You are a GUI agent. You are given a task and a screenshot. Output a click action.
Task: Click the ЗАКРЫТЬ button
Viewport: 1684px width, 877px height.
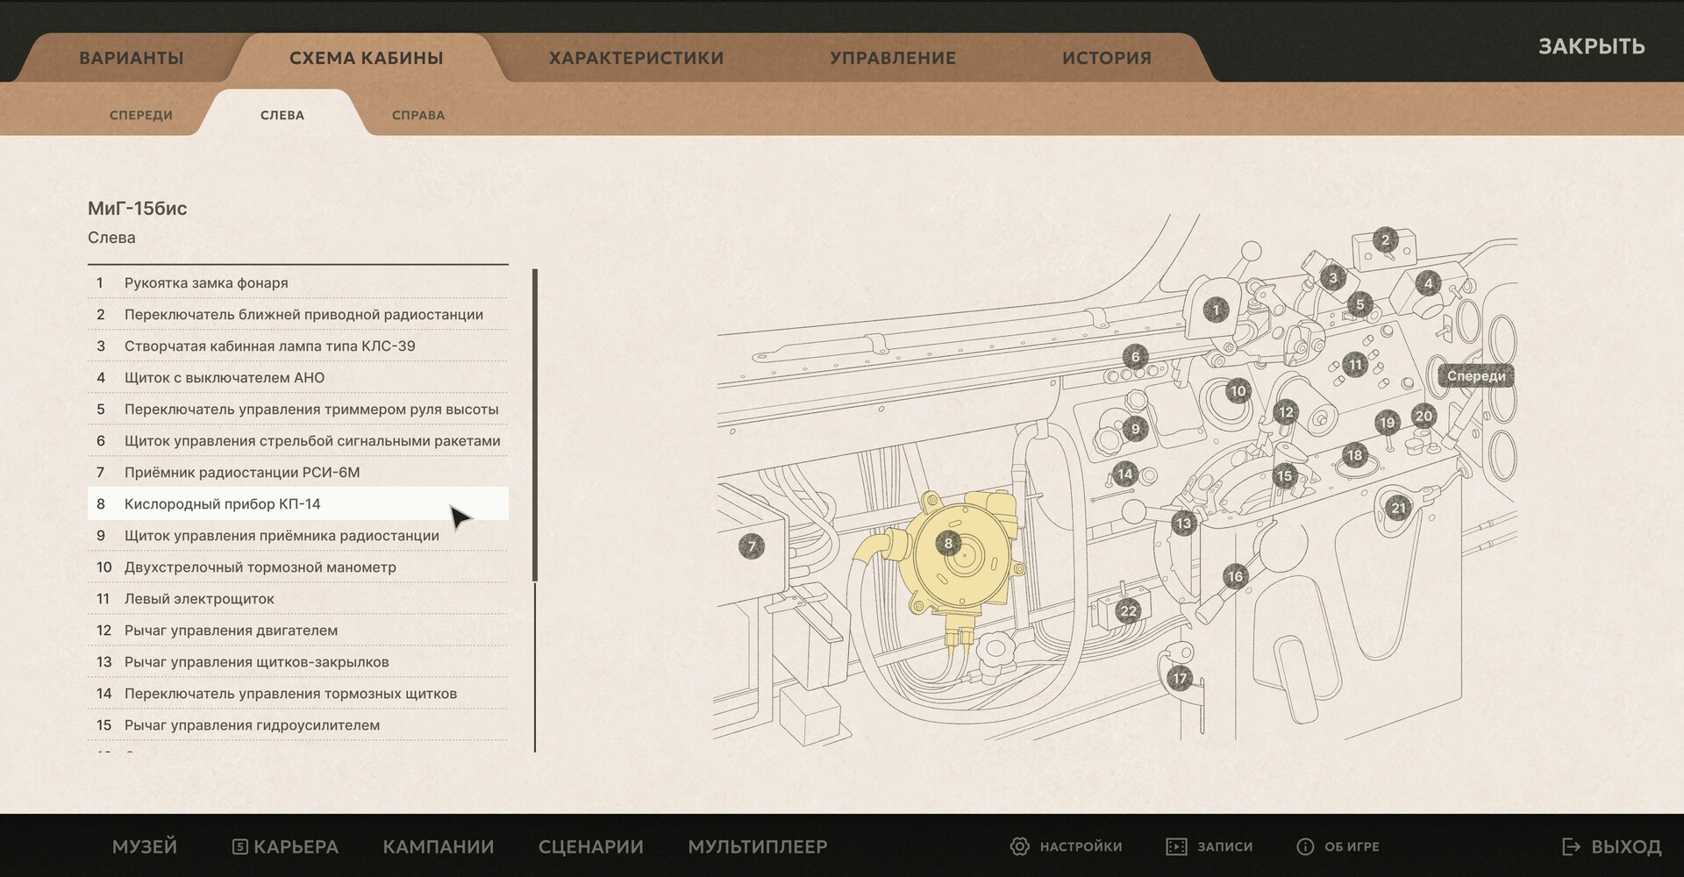[x=1591, y=46]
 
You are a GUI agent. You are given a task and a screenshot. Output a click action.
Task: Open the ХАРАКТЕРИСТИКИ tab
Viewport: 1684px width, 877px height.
[x=636, y=58]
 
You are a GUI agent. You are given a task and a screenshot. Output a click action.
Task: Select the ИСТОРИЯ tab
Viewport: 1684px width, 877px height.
[x=1106, y=58]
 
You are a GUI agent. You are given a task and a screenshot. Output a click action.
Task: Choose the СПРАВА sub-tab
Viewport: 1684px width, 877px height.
[x=418, y=115]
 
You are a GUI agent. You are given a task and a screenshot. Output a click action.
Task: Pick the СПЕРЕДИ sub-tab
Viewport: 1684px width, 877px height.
[x=141, y=115]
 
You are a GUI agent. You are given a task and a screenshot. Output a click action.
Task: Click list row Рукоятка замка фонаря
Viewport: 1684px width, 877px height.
[x=297, y=282]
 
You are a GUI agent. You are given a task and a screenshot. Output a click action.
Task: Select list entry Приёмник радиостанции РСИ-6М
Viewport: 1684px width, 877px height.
[x=297, y=472]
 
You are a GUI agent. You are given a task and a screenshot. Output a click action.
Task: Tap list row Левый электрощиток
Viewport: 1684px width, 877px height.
[x=297, y=598]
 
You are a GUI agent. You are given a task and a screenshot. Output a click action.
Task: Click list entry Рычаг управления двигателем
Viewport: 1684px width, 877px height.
[x=297, y=630]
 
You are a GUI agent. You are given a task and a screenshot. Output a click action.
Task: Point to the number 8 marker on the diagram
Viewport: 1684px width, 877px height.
[x=948, y=543]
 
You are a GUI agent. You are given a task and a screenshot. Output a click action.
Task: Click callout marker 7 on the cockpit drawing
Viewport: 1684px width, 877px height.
[x=752, y=545]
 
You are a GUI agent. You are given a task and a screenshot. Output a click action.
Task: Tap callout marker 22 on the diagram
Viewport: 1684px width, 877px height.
[x=1129, y=611]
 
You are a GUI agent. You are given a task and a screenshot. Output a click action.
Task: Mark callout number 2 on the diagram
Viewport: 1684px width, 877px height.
[x=1386, y=239]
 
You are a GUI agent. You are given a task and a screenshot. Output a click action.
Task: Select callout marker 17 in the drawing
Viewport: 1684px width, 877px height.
[x=1180, y=678]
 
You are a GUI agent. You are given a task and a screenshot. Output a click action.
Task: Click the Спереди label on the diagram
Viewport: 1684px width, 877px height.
[x=1476, y=376]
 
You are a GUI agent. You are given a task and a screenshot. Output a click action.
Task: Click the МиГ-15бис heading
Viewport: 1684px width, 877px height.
[x=138, y=209]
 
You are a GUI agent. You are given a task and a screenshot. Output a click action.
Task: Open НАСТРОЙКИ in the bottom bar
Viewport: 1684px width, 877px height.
[x=1067, y=846]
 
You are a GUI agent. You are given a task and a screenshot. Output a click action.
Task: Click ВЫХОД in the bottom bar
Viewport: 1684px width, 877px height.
[x=1612, y=846]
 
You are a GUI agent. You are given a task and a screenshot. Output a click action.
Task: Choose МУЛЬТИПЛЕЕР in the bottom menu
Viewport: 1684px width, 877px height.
[x=758, y=846]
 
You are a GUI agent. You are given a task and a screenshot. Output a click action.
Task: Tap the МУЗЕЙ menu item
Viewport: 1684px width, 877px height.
[x=145, y=846]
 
